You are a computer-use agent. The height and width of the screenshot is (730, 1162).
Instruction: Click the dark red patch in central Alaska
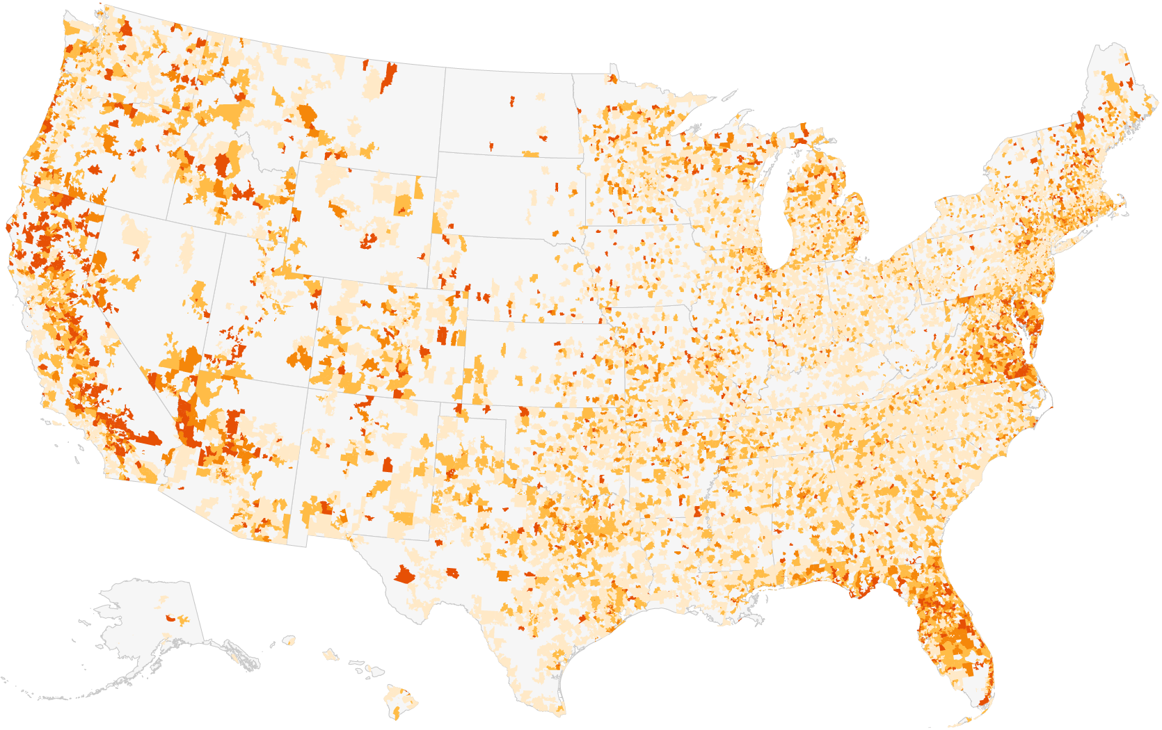click(170, 617)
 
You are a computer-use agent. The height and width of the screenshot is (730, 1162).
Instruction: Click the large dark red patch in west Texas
click(404, 576)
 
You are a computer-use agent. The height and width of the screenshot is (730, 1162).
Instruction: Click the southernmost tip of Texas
click(561, 713)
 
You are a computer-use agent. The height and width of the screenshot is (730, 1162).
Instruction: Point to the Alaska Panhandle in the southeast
click(237, 654)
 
